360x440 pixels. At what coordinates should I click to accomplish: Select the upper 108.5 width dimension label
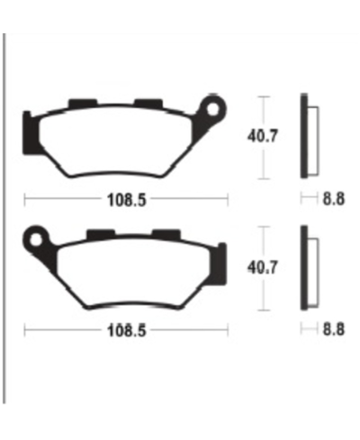127,200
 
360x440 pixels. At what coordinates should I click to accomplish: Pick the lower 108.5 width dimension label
127,331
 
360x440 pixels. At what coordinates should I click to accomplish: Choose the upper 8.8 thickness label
332,200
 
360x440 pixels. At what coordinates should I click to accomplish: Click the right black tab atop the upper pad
146,102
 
